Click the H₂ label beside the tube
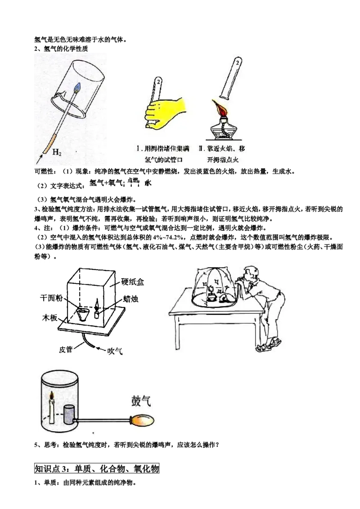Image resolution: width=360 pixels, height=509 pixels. coord(57,152)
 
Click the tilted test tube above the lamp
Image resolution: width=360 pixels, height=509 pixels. coord(230,79)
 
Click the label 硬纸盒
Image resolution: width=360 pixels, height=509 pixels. coord(133,282)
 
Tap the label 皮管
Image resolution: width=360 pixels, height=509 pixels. coord(66,348)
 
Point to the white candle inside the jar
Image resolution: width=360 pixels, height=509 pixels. coord(52,411)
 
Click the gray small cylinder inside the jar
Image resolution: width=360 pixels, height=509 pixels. coord(69,414)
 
